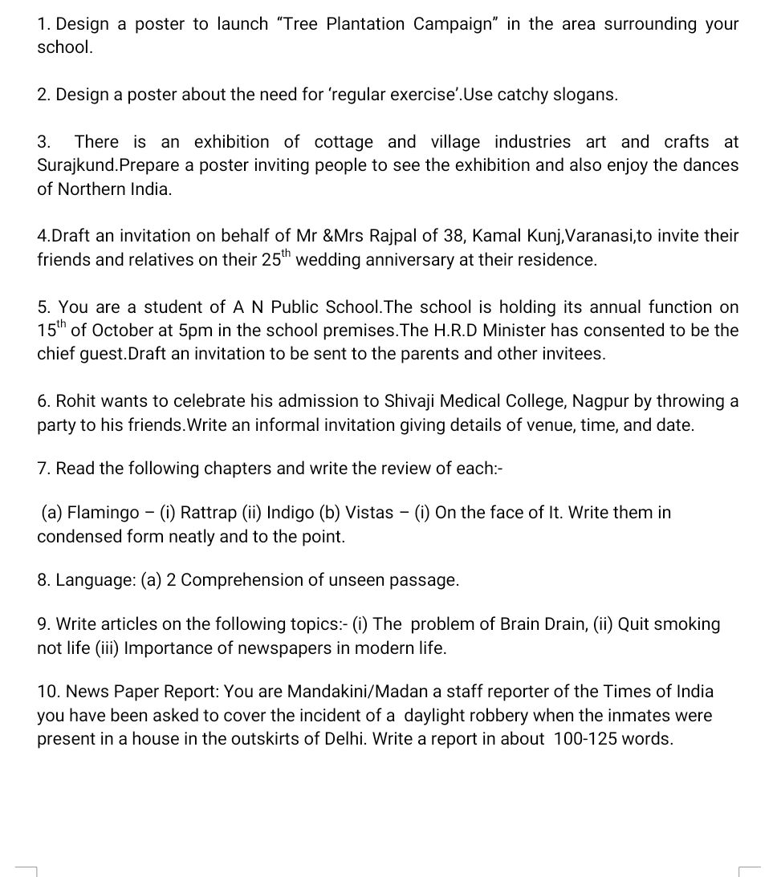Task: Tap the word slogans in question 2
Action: click(x=588, y=95)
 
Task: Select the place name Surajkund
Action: click(x=77, y=166)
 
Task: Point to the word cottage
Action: click(x=344, y=142)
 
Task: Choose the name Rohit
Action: click(x=79, y=401)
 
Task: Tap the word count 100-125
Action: click(x=582, y=738)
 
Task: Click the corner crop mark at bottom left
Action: click(x=26, y=868)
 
